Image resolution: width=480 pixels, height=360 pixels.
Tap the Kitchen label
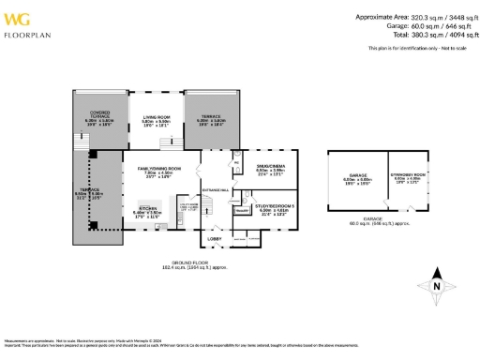click(x=148, y=208)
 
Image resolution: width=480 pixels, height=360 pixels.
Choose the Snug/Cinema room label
click(x=270, y=168)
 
